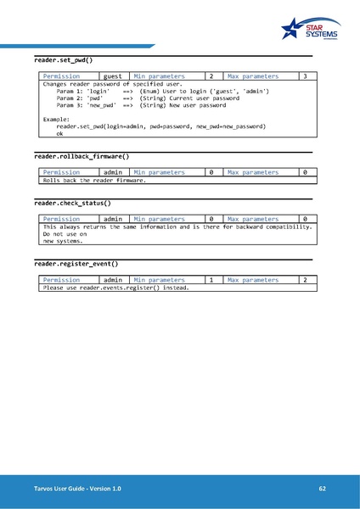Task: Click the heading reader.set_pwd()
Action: point(63,61)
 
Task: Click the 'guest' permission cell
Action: point(112,77)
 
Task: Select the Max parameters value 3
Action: point(304,77)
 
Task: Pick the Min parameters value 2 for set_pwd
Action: point(211,77)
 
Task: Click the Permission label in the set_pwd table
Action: point(61,77)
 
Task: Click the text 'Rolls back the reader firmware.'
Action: point(94,181)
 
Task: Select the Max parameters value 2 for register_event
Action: point(304,280)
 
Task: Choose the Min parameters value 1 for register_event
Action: point(211,280)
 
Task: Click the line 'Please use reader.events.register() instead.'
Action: point(115,288)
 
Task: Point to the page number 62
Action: point(322,489)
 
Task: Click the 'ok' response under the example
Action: point(59,134)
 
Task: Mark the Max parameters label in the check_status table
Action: point(253,220)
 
